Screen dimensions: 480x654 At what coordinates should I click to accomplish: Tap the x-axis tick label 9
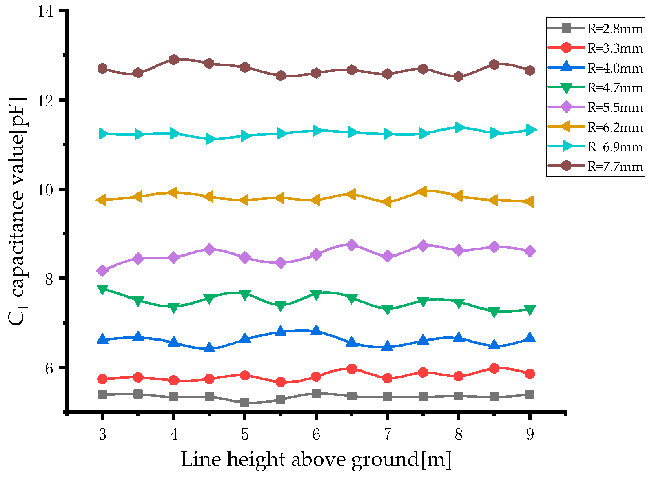(x=530, y=435)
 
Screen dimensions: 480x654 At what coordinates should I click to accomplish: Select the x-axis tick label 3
(x=102, y=435)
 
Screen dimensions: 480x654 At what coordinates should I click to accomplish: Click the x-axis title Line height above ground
(x=316, y=460)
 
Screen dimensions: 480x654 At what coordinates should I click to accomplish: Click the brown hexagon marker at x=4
(x=174, y=60)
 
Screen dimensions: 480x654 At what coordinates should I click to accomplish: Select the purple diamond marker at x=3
(x=102, y=271)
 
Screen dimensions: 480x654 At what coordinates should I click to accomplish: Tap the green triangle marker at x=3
(x=102, y=289)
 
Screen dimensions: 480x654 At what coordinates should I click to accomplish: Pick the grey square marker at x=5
(x=245, y=403)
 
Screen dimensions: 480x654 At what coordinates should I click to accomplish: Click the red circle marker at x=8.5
(x=494, y=368)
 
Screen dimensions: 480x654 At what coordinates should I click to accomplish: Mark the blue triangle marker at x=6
(x=316, y=331)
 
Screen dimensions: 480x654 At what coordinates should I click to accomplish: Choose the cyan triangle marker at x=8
(x=459, y=128)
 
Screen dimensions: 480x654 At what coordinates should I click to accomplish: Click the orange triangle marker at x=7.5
(x=423, y=191)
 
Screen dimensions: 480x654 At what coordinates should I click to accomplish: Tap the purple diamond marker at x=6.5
(x=352, y=245)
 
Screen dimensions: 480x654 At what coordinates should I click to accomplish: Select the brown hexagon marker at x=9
(x=530, y=71)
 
